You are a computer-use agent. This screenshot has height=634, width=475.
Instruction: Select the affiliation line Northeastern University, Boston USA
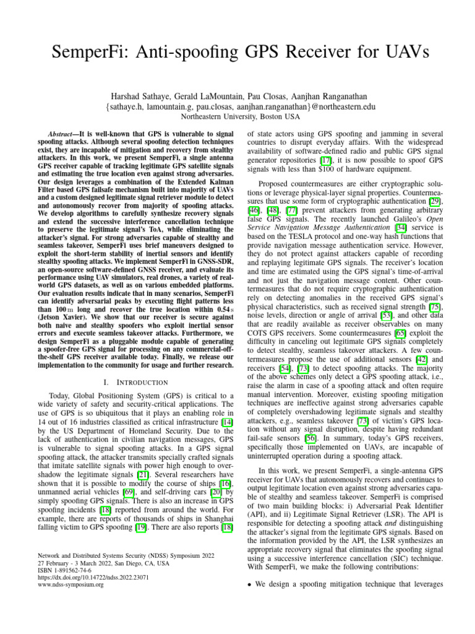click(x=238, y=116)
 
